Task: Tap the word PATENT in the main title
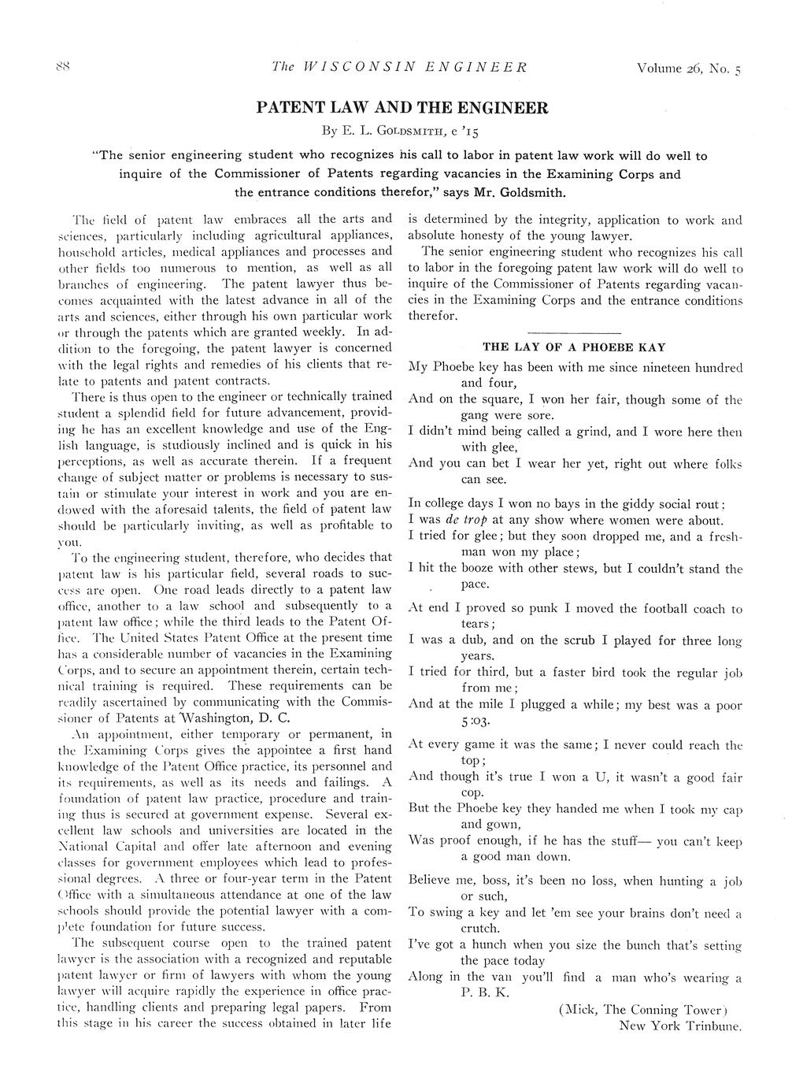292,108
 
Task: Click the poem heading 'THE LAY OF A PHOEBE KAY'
574,347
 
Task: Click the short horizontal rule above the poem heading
574,333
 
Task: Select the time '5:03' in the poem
476,721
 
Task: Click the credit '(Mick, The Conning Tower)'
640,1010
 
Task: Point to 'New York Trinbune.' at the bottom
679,1026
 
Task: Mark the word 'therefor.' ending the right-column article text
432,316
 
